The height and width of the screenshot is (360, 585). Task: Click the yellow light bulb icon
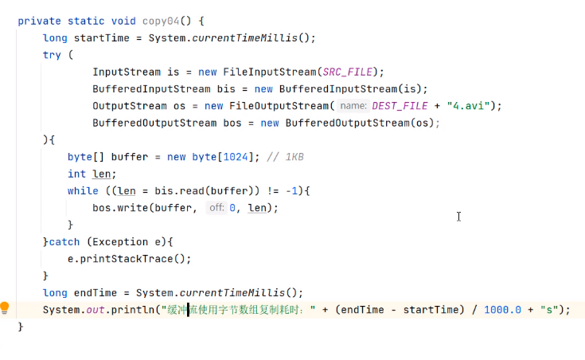click(5, 308)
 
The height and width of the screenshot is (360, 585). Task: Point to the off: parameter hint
click(216, 208)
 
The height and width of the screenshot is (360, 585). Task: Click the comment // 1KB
click(285, 157)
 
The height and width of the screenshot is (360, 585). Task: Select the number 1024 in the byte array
click(235, 157)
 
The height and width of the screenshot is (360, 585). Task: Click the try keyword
click(52, 55)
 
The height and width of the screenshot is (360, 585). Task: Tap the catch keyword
click(64, 241)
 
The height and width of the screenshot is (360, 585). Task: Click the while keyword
click(83, 191)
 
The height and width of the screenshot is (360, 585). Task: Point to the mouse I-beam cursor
click(458, 217)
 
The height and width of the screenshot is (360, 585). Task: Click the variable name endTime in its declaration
click(96, 292)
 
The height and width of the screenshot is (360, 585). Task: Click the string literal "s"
click(548, 310)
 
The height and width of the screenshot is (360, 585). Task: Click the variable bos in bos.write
click(101, 208)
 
